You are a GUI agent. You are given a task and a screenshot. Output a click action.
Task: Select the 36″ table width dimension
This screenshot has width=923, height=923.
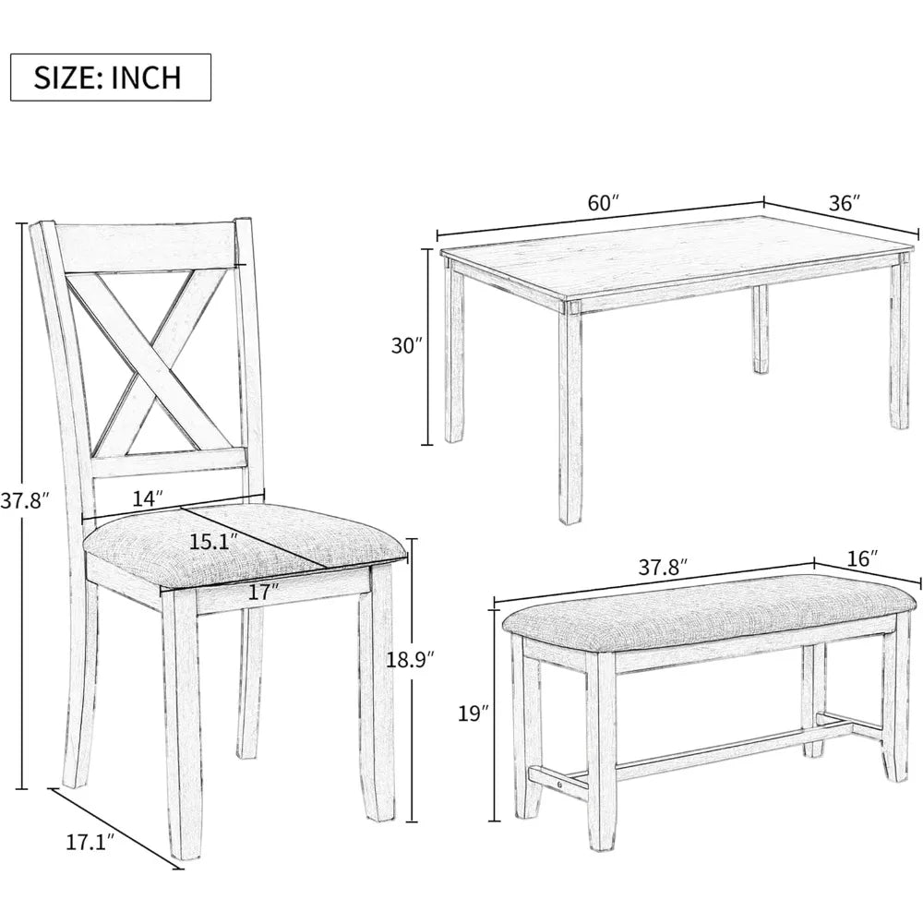click(x=844, y=203)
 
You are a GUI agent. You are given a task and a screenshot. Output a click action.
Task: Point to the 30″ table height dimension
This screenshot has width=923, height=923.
click(x=405, y=346)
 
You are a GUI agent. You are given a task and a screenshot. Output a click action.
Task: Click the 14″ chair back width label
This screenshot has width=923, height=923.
click(x=146, y=498)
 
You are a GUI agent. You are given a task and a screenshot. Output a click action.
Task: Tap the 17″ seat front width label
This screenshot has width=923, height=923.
click(x=263, y=593)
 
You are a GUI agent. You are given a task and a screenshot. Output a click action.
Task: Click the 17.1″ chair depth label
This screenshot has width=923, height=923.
click(x=90, y=842)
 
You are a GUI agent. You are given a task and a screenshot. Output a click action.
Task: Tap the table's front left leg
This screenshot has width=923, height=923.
click(x=569, y=415)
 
